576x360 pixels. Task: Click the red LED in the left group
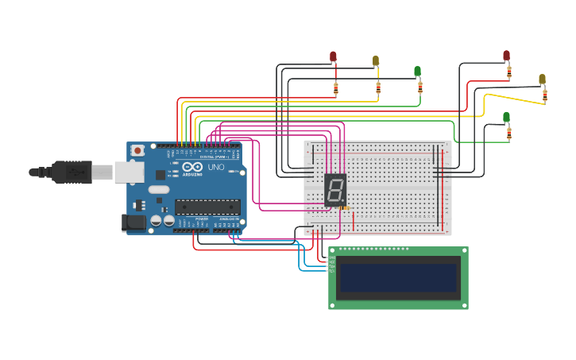(333, 56)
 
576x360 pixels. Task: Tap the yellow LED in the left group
(376, 60)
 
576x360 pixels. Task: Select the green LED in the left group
(417, 72)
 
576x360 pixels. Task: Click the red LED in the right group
(506, 56)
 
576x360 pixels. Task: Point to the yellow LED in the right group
(542, 79)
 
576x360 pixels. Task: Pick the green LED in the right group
(506, 118)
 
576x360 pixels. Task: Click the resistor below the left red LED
(336, 89)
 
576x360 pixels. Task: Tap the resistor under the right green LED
(509, 133)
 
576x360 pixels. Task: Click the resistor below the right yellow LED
(545, 95)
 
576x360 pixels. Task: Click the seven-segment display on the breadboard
(335, 189)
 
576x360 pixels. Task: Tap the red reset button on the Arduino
(137, 150)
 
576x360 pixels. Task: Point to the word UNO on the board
(216, 168)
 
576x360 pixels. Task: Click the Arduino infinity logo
(192, 167)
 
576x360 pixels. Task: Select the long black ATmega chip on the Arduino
(207, 207)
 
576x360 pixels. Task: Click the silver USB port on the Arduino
(130, 172)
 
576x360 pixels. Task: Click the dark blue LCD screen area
(398, 278)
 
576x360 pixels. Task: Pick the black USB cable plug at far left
(72, 172)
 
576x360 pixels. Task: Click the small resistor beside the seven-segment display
(345, 208)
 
